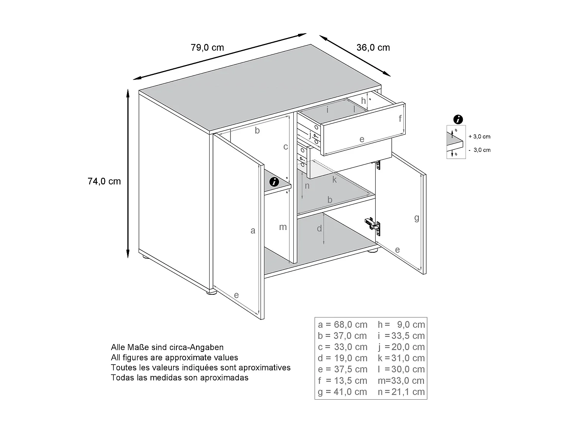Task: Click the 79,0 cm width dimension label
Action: (x=207, y=48)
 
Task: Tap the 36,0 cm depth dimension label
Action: (x=373, y=48)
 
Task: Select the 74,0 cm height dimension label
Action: (x=104, y=181)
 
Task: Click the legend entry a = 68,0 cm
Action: (x=342, y=324)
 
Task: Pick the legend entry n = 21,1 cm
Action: (x=401, y=392)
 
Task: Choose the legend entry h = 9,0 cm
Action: (x=401, y=324)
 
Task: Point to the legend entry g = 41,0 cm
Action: (x=342, y=392)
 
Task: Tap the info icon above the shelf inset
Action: (x=458, y=119)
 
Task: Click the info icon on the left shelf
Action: (x=274, y=182)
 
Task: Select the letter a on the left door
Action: (x=253, y=231)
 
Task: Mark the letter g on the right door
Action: (x=416, y=218)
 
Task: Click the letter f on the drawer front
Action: (x=400, y=118)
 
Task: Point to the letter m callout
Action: (x=283, y=227)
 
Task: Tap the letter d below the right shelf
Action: (x=319, y=229)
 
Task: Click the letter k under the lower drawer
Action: (x=334, y=180)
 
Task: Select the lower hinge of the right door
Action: (x=373, y=225)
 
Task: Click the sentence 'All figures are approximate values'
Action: (x=174, y=358)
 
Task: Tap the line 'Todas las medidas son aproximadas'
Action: (x=179, y=378)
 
